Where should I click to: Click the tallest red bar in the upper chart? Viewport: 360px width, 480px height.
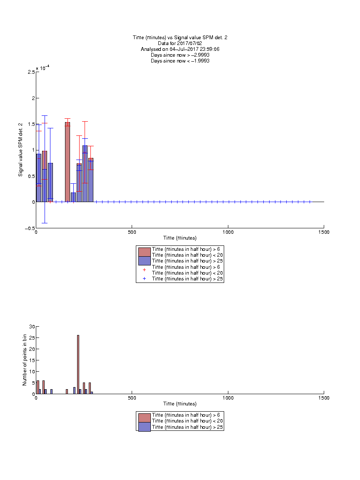[67, 162]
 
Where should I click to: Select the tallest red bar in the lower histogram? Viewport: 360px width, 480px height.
[78, 365]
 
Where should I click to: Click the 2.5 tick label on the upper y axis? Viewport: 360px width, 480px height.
[31, 72]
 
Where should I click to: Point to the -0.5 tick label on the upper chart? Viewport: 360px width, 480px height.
[30, 228]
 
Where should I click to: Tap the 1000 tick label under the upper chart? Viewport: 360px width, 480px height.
[228, 232]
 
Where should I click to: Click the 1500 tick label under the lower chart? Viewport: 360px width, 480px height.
[324, 398]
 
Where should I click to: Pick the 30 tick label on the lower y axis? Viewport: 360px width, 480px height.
[32, 327]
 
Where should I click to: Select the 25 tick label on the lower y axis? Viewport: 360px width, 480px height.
[32, 338]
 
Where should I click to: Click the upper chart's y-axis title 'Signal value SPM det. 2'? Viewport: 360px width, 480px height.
[20, 150]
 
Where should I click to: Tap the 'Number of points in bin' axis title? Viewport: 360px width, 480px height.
[25, 360]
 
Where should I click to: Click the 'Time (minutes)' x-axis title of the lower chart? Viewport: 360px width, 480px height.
[180, 404]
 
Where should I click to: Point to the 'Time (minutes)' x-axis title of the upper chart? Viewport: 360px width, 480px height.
[180, 238]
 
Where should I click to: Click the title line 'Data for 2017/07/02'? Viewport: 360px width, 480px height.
[180, 43]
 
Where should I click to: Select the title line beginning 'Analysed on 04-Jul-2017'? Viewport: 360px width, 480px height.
[180, 49]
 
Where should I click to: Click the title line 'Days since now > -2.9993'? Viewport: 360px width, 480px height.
[180, 55]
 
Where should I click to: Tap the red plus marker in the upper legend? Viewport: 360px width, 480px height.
[145, 270]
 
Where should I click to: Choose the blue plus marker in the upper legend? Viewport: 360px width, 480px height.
[145, 279]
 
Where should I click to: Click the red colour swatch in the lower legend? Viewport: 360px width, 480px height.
[145, 418]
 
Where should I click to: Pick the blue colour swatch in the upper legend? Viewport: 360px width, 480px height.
[145, 261]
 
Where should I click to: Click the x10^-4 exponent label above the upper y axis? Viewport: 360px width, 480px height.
[42, 67]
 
